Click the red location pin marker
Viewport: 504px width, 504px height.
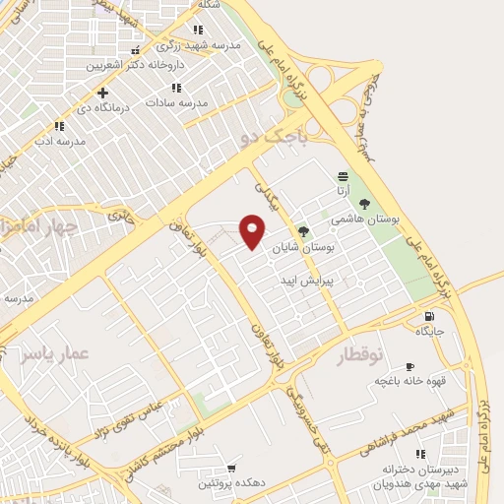click(253, 230)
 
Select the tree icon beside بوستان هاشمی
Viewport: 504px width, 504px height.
click(364, 203)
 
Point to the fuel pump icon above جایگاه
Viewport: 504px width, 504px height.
click(428, 316)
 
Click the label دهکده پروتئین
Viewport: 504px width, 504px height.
click(232, 482)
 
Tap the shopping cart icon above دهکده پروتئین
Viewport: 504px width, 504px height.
click(231, 468)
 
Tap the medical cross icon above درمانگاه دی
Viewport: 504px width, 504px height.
click(103, 93)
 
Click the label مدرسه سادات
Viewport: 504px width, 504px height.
click(177, 101)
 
